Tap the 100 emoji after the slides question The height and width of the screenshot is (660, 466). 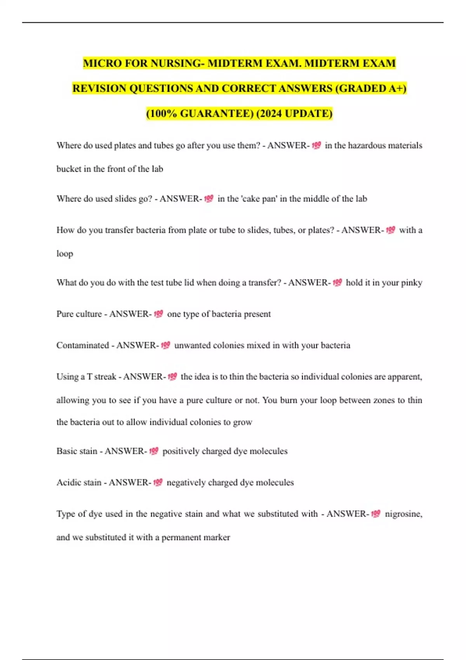point(209,199)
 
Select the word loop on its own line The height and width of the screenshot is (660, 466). point(65,254)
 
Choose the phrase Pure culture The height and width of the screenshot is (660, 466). point(79,314)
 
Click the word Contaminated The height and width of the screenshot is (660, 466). point(83,346)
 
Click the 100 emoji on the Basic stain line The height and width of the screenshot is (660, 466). point(154,451)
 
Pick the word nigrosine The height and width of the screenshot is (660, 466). point(403,514)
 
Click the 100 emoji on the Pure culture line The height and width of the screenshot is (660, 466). point(158,314)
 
